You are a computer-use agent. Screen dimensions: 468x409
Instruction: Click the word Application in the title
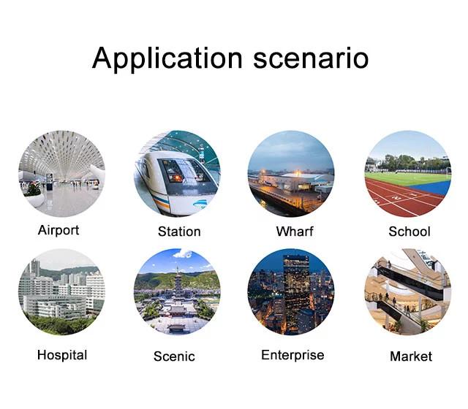(167, 58)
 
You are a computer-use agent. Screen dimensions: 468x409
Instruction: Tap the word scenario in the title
(311, 58)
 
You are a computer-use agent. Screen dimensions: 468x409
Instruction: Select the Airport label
(58, 230)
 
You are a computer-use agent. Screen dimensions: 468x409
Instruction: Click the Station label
(179, 232)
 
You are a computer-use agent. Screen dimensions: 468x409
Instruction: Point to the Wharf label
(295, 232)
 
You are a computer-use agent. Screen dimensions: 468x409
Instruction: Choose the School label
(409, 232)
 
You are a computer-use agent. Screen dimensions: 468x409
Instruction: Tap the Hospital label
(62, 355)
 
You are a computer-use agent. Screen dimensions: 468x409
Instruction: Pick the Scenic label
(174, 356)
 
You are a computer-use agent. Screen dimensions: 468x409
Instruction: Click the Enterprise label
(292, 355)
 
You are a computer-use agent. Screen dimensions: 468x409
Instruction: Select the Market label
(411, 356)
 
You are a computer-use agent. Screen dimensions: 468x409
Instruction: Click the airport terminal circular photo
(61, 174)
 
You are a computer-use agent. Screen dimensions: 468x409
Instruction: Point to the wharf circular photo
(291, 174)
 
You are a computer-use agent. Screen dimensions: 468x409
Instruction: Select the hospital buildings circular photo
(61, 292)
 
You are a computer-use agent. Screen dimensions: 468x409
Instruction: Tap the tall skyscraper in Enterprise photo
(296, 294)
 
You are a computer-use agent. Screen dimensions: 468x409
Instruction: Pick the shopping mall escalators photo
(408, 292)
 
